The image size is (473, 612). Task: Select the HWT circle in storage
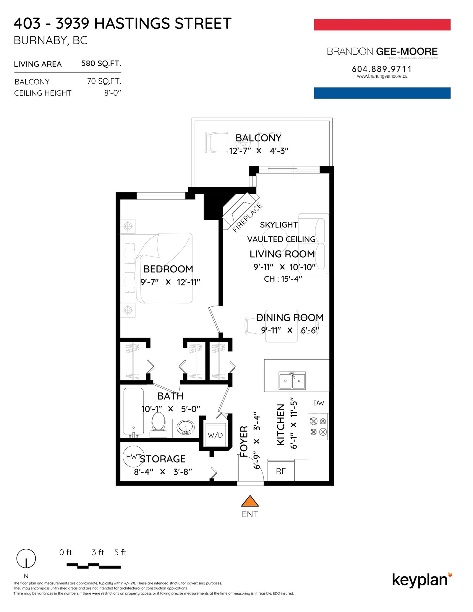pyautogui.click(x=133, y=456)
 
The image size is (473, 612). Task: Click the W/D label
pyautogui.click(x=215, y=435)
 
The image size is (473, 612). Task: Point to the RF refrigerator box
pyautogui.click(x=281, y=471)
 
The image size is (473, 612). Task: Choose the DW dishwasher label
pyautogui.click(x=319, y=403)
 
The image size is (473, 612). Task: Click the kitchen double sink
pyautogui.click(x=292, y=381)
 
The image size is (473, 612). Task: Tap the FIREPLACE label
pyautogui.click(x=247, y=218)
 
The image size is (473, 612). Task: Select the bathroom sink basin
pyautogui.click(x=186, y=427)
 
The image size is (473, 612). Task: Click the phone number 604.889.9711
pyautogui.click(x=382, y=69)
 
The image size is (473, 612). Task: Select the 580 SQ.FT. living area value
pyautogui.click(x=101, y=64)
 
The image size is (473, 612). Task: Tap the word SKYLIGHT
pyautogui.click(x=279, y=225)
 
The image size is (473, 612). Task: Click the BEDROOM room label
pyautogui.click(x=168, y=269)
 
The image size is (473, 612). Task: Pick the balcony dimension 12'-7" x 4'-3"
pyautogui.click(x=259, y=151)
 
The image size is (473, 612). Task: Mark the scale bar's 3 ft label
pyautogui.click(x=98, y=552)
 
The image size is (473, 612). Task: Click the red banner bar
pyautogui.click(x=382, y=25)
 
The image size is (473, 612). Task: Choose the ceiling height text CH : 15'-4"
pyautogui.click(x=283, y=279)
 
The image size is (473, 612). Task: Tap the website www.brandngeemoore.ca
pyautogui.click(x=382, y=76)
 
